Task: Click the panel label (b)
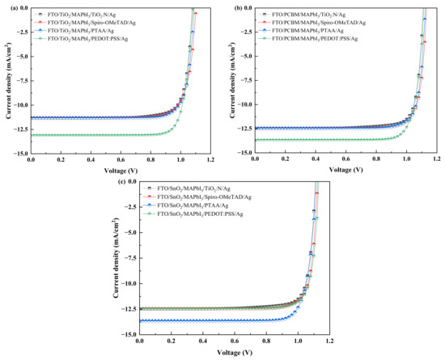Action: (232, 7)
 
